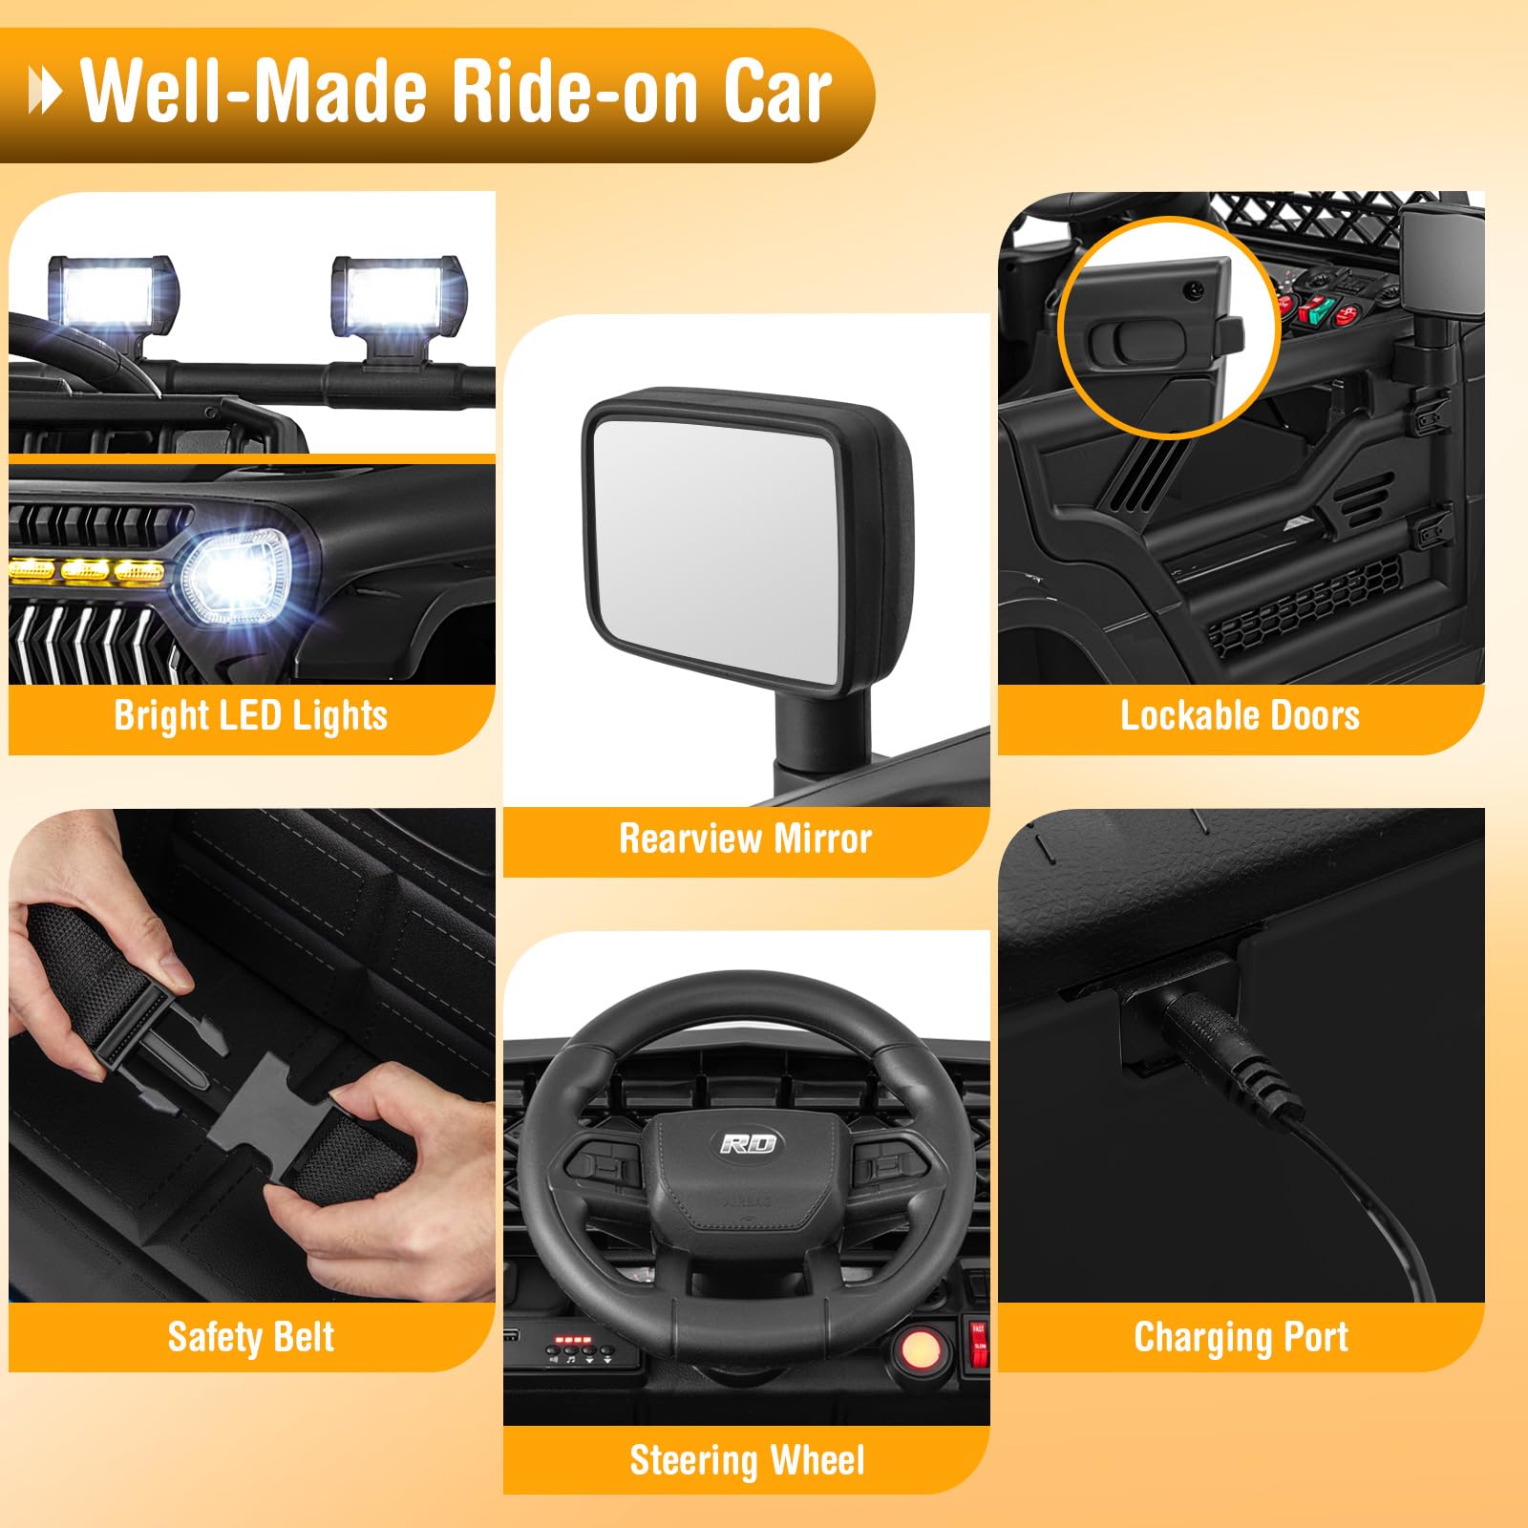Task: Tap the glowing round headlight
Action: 236,579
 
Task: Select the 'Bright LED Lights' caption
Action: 251,716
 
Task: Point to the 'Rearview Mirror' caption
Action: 746,838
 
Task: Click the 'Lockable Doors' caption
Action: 1241,716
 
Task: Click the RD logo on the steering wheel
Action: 749,1143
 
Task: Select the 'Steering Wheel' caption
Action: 748,1460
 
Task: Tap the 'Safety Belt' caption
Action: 251,1337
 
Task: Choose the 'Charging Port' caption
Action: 1241,1337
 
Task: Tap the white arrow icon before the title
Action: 45,92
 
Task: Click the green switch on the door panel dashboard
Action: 1320,308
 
